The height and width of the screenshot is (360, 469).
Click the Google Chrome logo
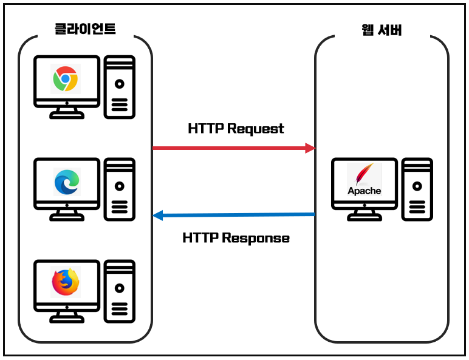(65, 79)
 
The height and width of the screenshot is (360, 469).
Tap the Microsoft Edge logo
(66, 181)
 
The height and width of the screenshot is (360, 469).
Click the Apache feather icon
(363, 174)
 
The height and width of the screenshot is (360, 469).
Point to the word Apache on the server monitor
(364, 191)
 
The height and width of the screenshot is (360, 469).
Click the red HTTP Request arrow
(231, 148)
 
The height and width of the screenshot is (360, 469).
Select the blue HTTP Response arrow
(237, 214)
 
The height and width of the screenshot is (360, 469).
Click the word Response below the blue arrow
(255, 238)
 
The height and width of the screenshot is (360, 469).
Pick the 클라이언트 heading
(84, 28)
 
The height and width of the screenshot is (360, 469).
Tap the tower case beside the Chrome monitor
(120, 87)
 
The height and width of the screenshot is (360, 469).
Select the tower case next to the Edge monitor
(120, 189)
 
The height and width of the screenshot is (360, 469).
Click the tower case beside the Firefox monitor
(120, 290)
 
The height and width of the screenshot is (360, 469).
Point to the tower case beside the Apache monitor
(417, 189)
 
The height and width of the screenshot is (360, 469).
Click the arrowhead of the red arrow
(310, 148)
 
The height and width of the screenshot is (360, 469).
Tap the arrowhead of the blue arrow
(157, 215)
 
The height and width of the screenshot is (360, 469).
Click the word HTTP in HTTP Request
(206, 129)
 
